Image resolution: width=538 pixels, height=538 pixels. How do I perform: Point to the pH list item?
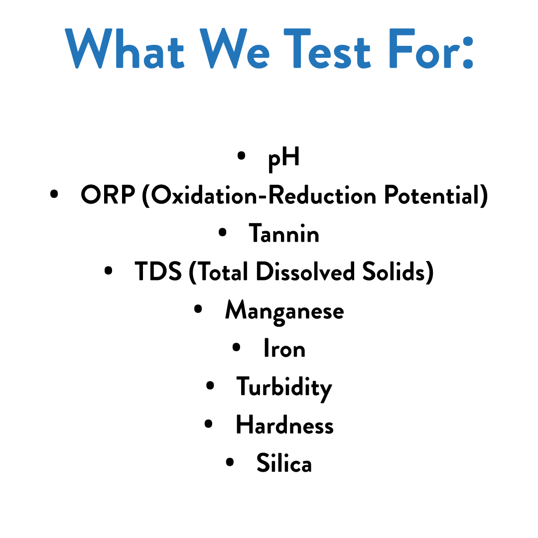pyautogui.click(x=284, y=159)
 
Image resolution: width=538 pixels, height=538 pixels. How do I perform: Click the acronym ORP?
pyautogui.click(x=108, y=196)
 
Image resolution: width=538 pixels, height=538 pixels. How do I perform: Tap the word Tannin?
pyautogui.click(x=284, y=234)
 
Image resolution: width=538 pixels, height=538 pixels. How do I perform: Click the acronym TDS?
pyautogui.click(x=158, y=271)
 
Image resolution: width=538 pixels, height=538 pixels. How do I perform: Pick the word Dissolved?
pyautogui.click(x=305, y=271)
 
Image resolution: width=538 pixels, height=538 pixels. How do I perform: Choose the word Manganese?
pyautogui.click(x=284, y=311)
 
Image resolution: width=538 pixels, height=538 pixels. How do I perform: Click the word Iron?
pyautogui.click(x=284, y=348)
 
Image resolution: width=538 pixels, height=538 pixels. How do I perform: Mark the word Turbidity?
pyautogui.click(x=284, y=388)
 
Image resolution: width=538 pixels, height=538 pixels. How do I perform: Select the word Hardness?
pyautogui.click(x=284, y=425)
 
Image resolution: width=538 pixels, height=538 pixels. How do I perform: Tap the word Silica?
pyautogui.click(x=284, y=463)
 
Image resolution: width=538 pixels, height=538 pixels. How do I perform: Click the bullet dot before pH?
pyautogui.click(x=241, y=156)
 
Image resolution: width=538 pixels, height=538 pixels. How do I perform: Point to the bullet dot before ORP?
pyautogui.click(x=54, y=194)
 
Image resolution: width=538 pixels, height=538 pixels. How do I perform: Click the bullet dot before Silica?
pyautogui.click(x=230, y=461)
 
